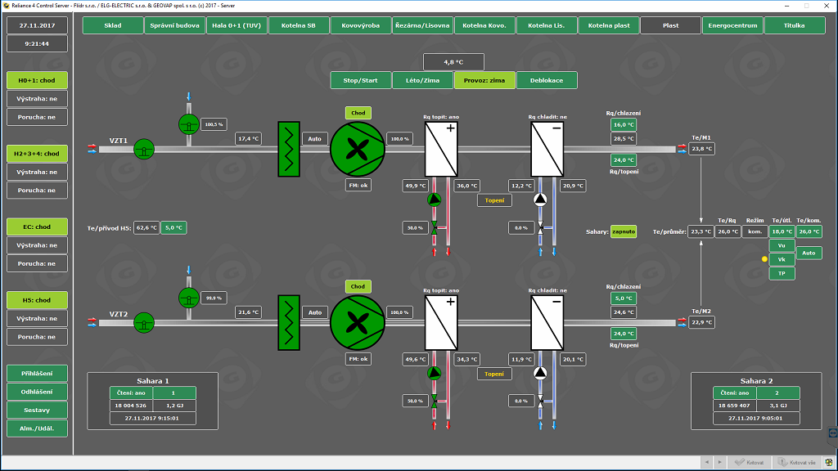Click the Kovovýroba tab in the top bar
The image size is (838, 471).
point(361,25)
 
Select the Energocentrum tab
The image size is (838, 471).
point(732,25)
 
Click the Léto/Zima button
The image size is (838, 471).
point(422,80)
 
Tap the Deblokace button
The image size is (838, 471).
point(546,80)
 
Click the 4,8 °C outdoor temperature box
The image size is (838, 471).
point(453,62)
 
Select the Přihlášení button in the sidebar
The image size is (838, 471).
point(37,374)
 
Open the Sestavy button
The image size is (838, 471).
point(37,410)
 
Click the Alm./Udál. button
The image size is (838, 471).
point(37,428)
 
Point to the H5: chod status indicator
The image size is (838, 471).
point(37,300)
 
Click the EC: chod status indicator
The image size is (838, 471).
point(37,227)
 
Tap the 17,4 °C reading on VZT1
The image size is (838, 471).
point(248,139)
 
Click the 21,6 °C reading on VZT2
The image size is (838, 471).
point(248,312)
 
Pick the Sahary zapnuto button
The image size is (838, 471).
point(624,231)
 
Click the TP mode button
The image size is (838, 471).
point(782,273)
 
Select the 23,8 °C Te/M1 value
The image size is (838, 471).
point(701,149)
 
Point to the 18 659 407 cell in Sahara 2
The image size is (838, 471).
point(732,406)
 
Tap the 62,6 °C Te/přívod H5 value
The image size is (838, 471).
point(146,228)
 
